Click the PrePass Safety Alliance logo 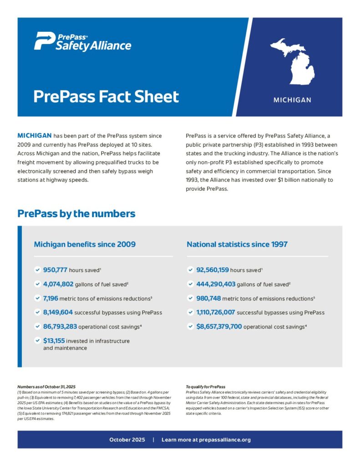click(82, 41)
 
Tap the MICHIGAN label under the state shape click(292, 100)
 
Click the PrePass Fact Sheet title click(106, 97)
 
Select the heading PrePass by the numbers click(76, 213)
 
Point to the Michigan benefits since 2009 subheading click(85, 244)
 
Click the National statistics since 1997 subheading click(237, 244)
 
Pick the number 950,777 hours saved click(55, 270)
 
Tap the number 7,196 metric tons click(53, 298)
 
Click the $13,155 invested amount click(54, 340)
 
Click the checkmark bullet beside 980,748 click(190, 299)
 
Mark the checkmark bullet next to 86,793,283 click(37, 327)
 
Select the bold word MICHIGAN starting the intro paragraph click(34, 136)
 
